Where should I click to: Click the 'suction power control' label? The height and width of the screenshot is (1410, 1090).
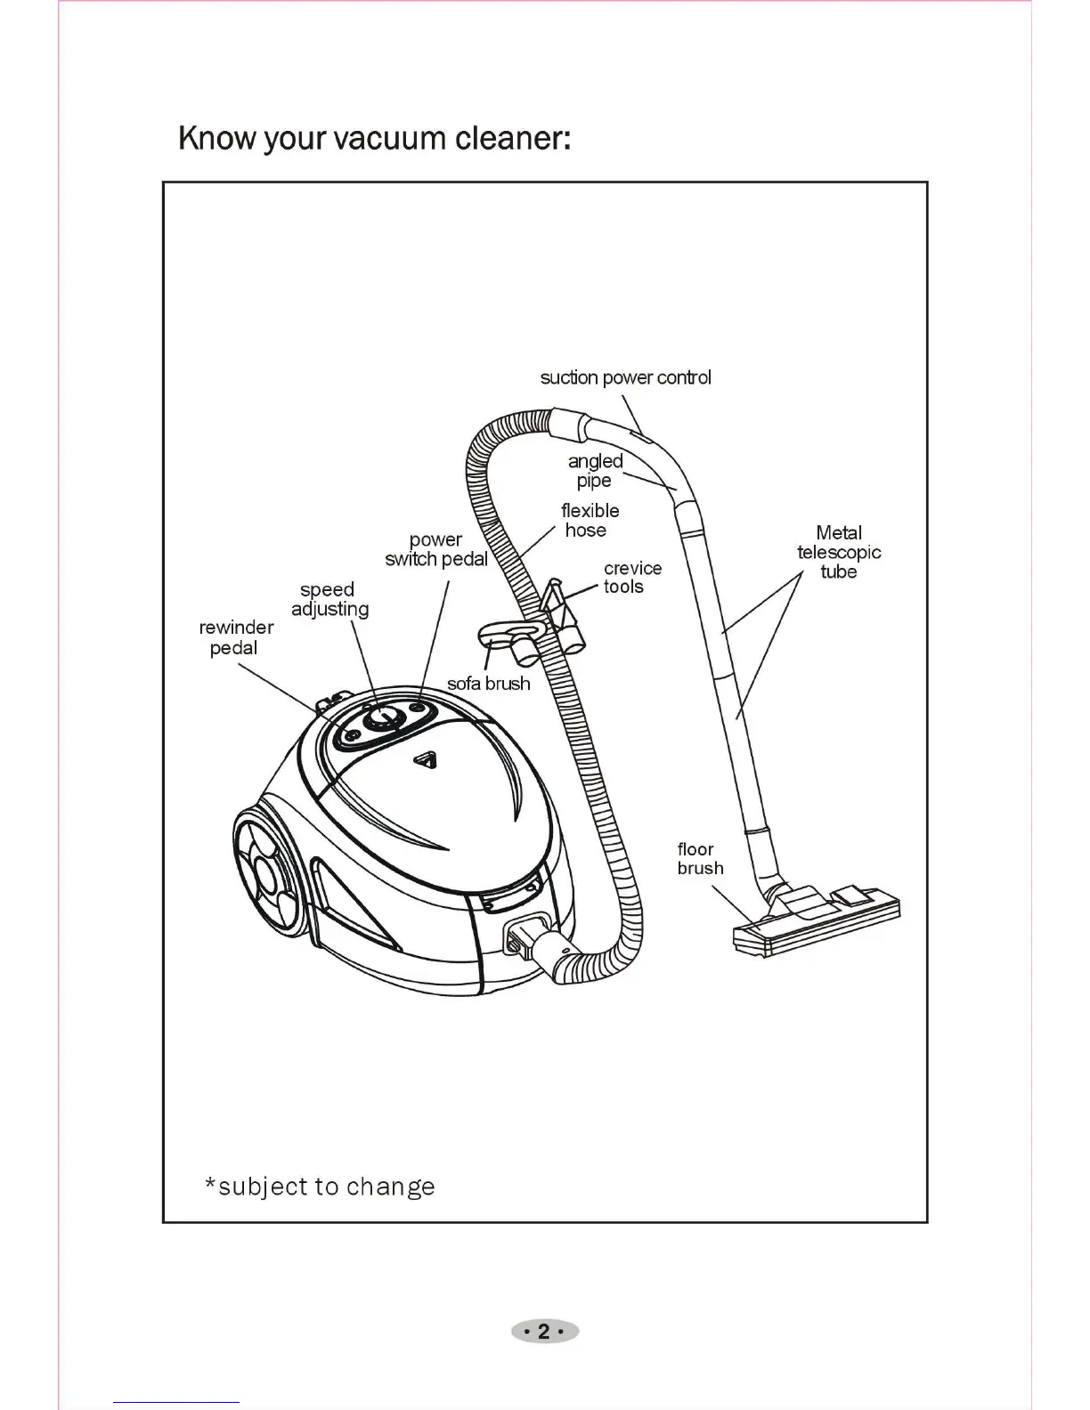[625, 377]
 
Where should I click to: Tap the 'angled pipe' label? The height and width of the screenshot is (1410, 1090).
[595, 471]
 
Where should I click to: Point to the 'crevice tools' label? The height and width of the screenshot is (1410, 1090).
[632, 577]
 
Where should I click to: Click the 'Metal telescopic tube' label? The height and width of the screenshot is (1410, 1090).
[839, 552]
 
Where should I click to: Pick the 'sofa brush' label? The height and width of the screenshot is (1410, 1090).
[488, 684]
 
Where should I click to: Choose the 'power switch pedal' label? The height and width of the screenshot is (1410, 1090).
[436, 549]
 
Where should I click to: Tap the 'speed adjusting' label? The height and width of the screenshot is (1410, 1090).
[329, 599]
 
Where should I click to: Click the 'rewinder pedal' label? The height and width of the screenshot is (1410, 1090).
[236, 637]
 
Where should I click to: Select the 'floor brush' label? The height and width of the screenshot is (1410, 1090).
[700, 859]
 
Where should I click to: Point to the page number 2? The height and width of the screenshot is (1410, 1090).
[544, 1332]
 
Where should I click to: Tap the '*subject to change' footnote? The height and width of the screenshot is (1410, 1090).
[321, 1187]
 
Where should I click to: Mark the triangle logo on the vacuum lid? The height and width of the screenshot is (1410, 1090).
[425, 760]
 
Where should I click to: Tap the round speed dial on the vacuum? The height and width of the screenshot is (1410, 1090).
[380, 719]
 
